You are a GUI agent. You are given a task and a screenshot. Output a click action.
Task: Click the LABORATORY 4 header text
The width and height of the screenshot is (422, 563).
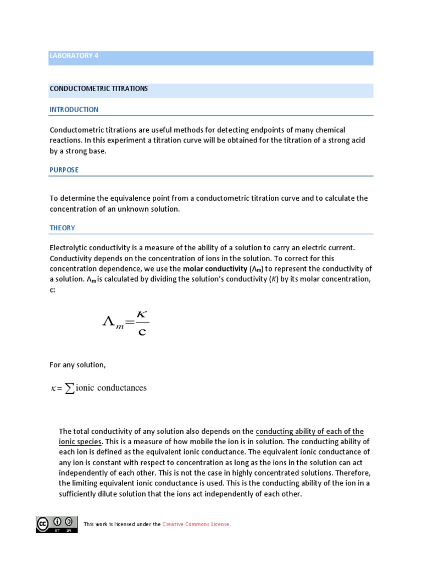click(74, 56)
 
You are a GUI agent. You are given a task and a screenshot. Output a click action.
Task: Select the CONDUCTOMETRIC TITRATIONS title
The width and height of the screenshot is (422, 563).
click(99, 89)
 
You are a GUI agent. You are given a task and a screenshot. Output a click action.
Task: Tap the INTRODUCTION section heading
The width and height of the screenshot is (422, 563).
click(74, 109)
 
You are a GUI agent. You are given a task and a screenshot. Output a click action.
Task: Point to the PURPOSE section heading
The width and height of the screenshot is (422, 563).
click(64, 170)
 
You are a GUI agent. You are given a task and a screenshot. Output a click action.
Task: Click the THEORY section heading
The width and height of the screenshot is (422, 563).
click(62, 228)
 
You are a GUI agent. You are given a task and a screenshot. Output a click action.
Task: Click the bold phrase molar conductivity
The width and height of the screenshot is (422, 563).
click(215, 268)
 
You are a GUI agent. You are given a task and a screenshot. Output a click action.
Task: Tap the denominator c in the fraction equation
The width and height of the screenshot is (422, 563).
click(142, 332)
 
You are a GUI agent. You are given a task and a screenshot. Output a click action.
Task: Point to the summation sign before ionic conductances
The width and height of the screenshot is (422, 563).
click(70, 389)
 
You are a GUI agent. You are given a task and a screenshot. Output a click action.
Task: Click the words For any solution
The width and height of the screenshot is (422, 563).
click(77, 365)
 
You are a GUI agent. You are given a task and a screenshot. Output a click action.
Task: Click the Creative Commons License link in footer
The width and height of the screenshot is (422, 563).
click(197, 524)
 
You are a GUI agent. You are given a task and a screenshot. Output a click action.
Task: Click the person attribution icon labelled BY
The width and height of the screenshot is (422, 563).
click(57, 522)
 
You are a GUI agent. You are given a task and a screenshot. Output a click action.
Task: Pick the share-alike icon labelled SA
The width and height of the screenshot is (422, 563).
click(69, 522)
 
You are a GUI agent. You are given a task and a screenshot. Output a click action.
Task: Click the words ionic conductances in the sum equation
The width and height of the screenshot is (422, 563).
click(112, 388)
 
